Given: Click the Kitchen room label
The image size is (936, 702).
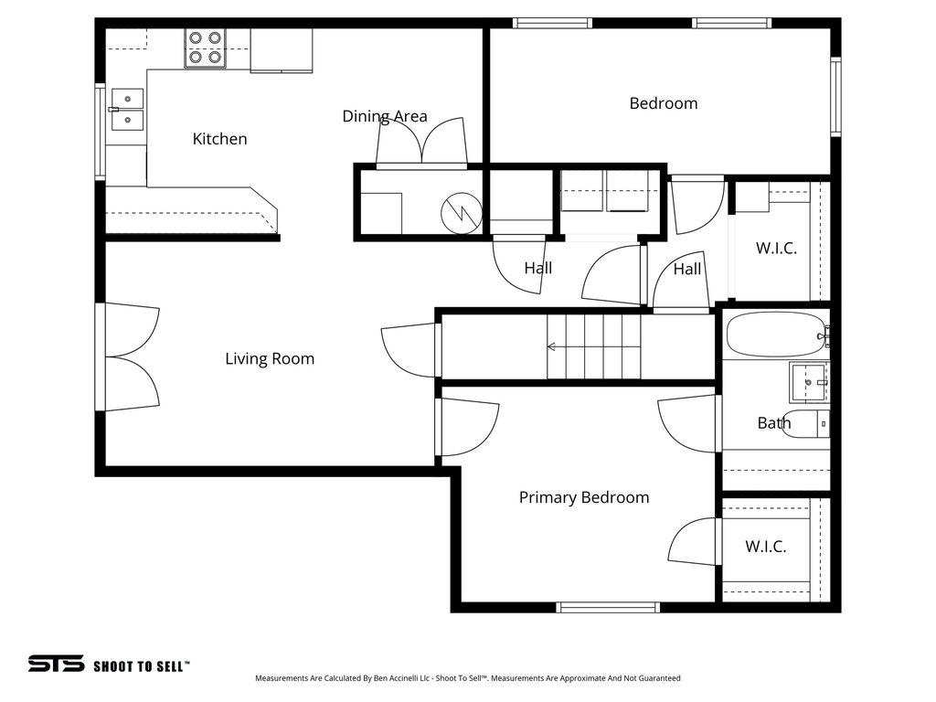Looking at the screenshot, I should click(x=219, y=139).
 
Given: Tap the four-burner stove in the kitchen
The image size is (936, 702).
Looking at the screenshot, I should click(x=205, y=48).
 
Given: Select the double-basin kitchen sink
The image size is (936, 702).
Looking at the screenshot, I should click(x=127, y=109).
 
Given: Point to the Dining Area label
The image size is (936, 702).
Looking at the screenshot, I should click(x=384, y=116).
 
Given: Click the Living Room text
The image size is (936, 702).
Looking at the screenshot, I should click(x=270, y=359).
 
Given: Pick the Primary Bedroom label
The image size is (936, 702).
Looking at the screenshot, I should click(x=583, y=497).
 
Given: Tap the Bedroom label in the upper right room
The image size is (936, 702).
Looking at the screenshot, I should click(x=663, y=103).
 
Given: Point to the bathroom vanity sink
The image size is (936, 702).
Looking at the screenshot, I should click(x=808, y=382).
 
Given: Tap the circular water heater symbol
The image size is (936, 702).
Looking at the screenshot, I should click(x=460, y=213).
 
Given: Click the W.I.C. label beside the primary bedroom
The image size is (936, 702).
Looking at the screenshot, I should click(x=765, y=547).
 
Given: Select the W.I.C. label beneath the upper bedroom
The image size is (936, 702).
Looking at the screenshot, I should click(x=776, y=248).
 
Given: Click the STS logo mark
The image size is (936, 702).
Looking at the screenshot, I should click(x=56, y=665).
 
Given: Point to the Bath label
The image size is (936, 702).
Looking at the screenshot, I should click(x=773, y=423).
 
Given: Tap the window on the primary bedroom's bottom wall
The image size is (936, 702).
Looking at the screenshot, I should click(x=608, y=607).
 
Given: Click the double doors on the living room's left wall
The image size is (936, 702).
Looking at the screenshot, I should click(x=128, y=356).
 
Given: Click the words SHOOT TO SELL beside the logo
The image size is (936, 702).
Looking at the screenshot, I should click(x=141, y=666).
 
